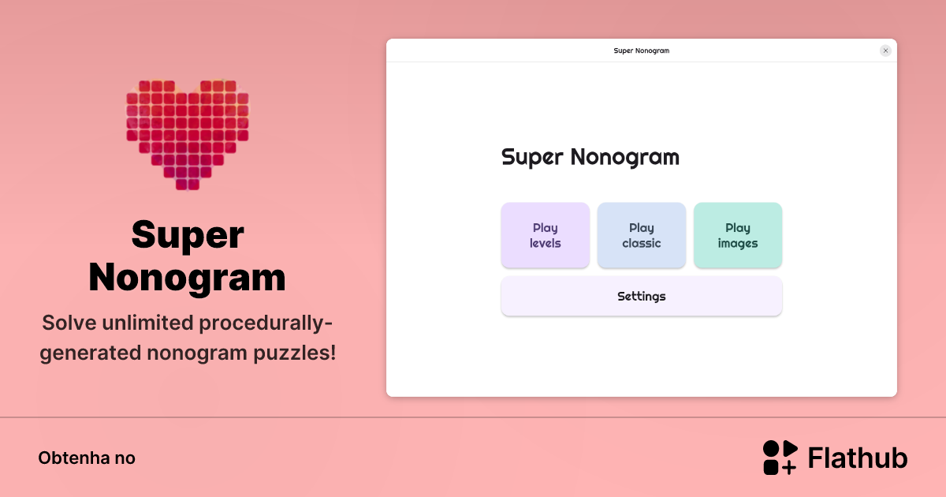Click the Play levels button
pos(545,235)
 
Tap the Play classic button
pos(641,235)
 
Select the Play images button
pos(737,235)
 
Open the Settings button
pos(641,297)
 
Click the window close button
pos(885,50)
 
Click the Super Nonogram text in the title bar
pos(641,50)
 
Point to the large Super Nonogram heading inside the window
pos(590,157)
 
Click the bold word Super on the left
pos(188,235)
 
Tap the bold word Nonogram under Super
pos(188,277)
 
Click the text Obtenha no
pos(87,458)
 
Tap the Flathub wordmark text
pos(858,458)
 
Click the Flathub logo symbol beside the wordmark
pos(780,458)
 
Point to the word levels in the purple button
pos(545,244)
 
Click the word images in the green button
pos(737,244)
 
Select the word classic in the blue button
pos(641,244)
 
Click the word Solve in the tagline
pos(68,323)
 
